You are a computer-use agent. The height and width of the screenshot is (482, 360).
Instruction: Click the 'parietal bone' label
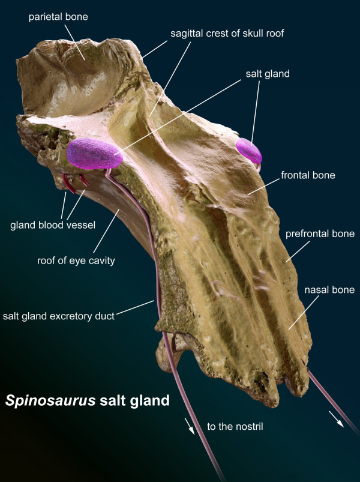click(x=58, y=17)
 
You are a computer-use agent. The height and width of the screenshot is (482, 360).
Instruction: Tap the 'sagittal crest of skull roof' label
click(x=227, y=33)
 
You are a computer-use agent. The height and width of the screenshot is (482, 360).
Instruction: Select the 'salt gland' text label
click(x=268, y=74)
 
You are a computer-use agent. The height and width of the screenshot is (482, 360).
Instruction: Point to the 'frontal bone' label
click(x=308, y=175)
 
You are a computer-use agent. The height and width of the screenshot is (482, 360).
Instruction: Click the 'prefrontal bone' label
click(x=320, y=234)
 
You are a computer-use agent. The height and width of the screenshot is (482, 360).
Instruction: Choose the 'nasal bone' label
click(x=329, y=290)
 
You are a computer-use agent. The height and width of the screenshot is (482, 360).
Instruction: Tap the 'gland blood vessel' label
click(x=53, y=225)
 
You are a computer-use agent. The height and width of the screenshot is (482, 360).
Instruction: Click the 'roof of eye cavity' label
click(x=76, y=261)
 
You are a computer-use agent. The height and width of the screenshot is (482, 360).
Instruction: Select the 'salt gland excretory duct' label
click(x=59, y=316)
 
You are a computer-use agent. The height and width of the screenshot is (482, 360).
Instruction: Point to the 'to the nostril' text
click(x=235, y=426)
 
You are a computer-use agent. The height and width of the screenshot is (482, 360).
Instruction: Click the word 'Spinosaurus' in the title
click(x=50, y=400)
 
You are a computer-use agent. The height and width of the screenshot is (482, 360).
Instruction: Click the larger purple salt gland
click(x=95, y=154)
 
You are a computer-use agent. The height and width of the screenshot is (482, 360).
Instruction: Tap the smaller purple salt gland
click(x=249, y=151)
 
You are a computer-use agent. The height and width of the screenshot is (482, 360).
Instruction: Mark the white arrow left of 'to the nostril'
click(x=190, y=426)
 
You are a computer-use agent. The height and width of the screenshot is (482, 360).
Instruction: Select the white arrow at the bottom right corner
click(x=337, y=419)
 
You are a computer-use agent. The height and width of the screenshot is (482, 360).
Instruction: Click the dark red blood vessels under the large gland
click(x=74, y=183)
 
